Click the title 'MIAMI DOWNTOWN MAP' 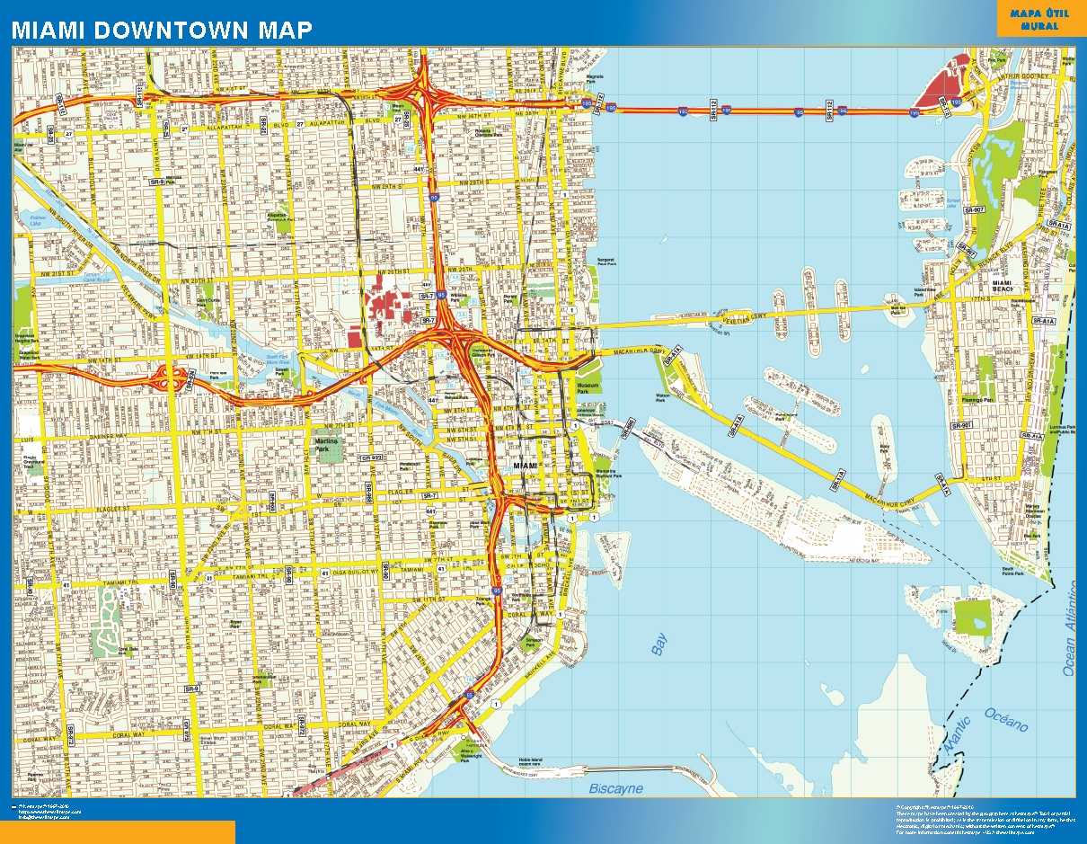pos(162,30)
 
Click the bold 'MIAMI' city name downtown pos(525,466)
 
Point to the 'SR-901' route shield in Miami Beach pos(961,424)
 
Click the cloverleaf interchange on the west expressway pos(172,378)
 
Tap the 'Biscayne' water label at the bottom pos(615,788)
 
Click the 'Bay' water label pos(659,644)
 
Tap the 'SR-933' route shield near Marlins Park pos(370,458)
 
